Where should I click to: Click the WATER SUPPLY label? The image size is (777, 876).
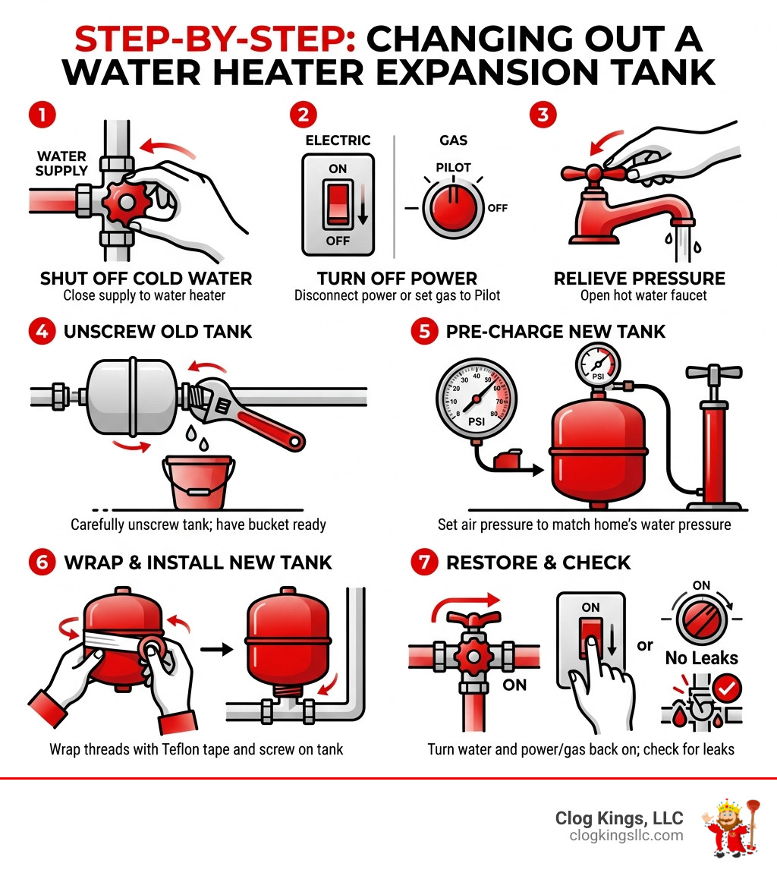click(61, 164)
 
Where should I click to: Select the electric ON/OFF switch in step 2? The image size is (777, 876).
click(338, 205)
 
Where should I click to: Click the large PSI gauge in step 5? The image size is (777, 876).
click(477, 395)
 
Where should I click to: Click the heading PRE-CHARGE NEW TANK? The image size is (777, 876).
click(555, 332)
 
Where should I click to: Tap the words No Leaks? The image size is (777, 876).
click(701, 657)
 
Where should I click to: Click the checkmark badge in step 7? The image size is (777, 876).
click(729, 689)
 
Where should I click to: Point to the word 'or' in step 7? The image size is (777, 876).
click(645, 645)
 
